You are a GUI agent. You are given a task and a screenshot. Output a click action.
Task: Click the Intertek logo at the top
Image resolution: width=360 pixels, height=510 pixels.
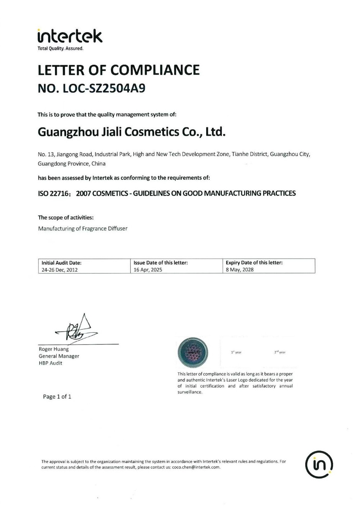pos(70,37)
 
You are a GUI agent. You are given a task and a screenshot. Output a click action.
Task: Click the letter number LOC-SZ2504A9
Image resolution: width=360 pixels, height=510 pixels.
pos(104,89)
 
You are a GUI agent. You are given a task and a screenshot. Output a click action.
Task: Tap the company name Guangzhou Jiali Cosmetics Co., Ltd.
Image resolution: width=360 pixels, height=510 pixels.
pos(132,132)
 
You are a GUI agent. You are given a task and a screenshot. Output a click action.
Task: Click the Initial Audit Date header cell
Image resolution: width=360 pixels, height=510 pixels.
pos(62,263)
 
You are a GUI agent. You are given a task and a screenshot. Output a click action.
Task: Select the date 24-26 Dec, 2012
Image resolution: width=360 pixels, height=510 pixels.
pos(60,270)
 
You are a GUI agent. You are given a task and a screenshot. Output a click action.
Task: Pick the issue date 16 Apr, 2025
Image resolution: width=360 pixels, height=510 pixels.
pos(148,270)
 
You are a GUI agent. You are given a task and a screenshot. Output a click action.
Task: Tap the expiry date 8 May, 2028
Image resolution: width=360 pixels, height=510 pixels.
pos(240,270)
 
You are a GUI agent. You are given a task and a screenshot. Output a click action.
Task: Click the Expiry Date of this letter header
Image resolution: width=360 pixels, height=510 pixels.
pos(254,263)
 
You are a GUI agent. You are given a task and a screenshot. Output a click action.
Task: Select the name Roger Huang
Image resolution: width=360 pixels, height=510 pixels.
pos(54,349)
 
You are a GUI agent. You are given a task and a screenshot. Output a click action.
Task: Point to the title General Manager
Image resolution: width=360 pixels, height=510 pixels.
pos(59,356)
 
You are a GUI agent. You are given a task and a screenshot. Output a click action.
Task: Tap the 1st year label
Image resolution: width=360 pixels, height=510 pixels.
pos(236,352)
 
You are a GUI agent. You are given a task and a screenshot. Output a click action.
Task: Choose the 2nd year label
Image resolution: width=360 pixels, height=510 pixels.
pos(280,352)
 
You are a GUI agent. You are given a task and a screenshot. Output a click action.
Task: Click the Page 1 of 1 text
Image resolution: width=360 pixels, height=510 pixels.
pos(57,397)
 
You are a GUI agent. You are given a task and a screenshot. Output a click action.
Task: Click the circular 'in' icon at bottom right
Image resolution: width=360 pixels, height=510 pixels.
pos(319,464)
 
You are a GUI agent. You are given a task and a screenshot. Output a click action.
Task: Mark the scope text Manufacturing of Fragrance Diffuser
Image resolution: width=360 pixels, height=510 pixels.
pos(83,229)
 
